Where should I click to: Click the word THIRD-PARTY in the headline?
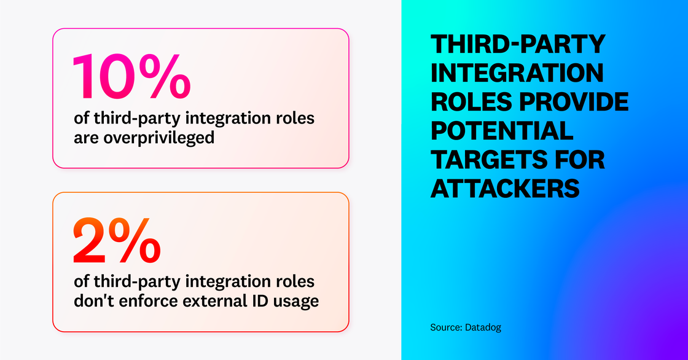[518, 44]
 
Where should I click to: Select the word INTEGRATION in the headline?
[517, 73]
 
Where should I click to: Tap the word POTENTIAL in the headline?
[502, 131]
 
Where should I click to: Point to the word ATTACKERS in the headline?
[505, 189]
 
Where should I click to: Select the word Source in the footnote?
[444, 327]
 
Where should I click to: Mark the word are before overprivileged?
[85, 137]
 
